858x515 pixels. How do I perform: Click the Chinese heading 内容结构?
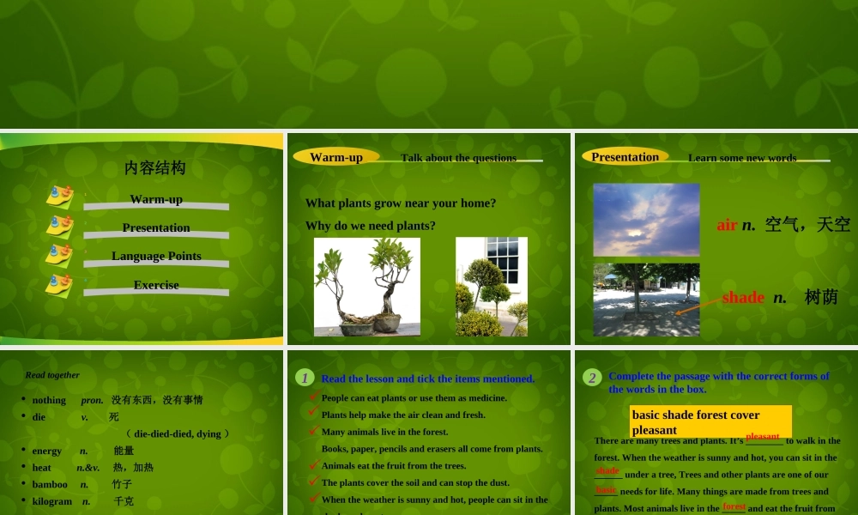(154, 167)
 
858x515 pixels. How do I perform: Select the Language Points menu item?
(156, 256)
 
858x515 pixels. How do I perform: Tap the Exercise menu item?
(156, 285)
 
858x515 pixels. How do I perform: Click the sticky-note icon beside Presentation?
(59, 227)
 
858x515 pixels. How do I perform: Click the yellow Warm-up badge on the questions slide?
(336, 157)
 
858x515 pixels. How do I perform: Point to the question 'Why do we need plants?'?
(371, 226)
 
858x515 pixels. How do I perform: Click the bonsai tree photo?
(366, 287)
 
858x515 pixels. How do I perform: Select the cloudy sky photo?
(646, 220)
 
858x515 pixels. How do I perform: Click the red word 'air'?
(727, 225)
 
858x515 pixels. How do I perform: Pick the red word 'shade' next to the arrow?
(743, 297)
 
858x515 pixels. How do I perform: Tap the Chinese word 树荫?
(821, 297)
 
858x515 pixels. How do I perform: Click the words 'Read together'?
(52, 375)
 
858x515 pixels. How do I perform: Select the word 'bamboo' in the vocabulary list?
(50, 484)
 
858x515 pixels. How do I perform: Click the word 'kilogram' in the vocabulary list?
(52, 501)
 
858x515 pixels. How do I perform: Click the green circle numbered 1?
(305, 378)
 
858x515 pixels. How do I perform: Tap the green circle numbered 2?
(592, 378)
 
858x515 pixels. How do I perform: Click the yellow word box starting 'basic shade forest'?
(710, 421)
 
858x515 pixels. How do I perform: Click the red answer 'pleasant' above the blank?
(762, 437)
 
